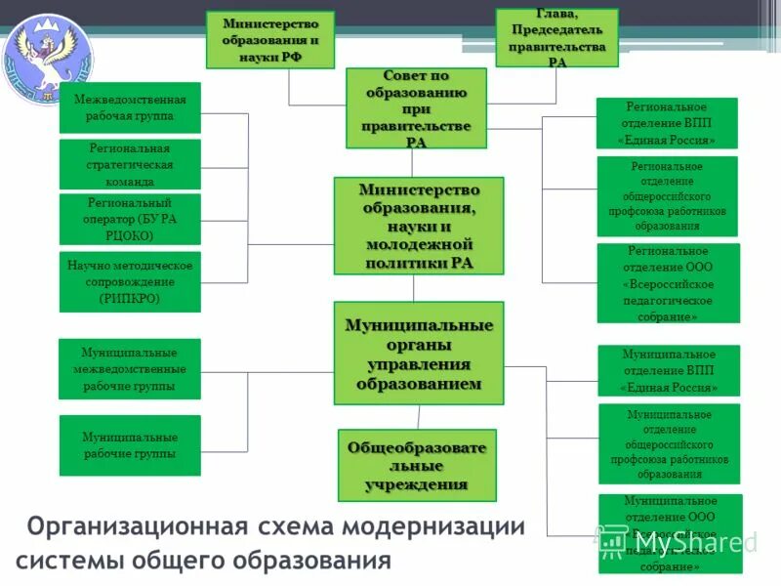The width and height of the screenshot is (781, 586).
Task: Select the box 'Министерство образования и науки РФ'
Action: tap(269, 40)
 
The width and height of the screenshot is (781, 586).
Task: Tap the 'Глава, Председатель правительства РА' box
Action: tap(556, 38)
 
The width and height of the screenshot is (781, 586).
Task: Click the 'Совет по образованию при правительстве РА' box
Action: tap(416, 107)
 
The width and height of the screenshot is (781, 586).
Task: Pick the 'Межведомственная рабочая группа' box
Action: tap(130, 107)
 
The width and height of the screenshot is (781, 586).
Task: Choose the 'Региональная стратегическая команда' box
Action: tap(130, 164)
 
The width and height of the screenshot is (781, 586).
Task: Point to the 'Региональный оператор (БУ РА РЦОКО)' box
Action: tap(130, 219)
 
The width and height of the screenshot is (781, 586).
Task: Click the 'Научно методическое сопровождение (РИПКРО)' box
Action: tap(130, 282)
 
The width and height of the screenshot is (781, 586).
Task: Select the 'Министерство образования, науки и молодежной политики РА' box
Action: tap(419, 226)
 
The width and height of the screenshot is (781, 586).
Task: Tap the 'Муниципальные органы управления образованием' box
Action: tap(419, 353)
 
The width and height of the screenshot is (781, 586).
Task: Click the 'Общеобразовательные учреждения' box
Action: tap(417, 465)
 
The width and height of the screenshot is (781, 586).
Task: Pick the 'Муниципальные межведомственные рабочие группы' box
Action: tap(130, 369)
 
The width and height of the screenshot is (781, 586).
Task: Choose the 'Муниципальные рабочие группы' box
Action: tap(130, 445)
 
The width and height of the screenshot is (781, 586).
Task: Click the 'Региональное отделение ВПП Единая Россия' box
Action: tap(667, 123)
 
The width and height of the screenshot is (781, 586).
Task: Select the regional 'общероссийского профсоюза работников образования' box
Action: tap(667, 196)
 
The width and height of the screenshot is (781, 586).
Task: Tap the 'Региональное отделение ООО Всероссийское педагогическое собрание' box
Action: tap(668, 283)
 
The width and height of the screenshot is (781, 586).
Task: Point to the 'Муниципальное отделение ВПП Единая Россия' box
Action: tap(669, 371)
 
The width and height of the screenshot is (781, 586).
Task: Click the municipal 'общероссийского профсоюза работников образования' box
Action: tap(669, 443)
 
